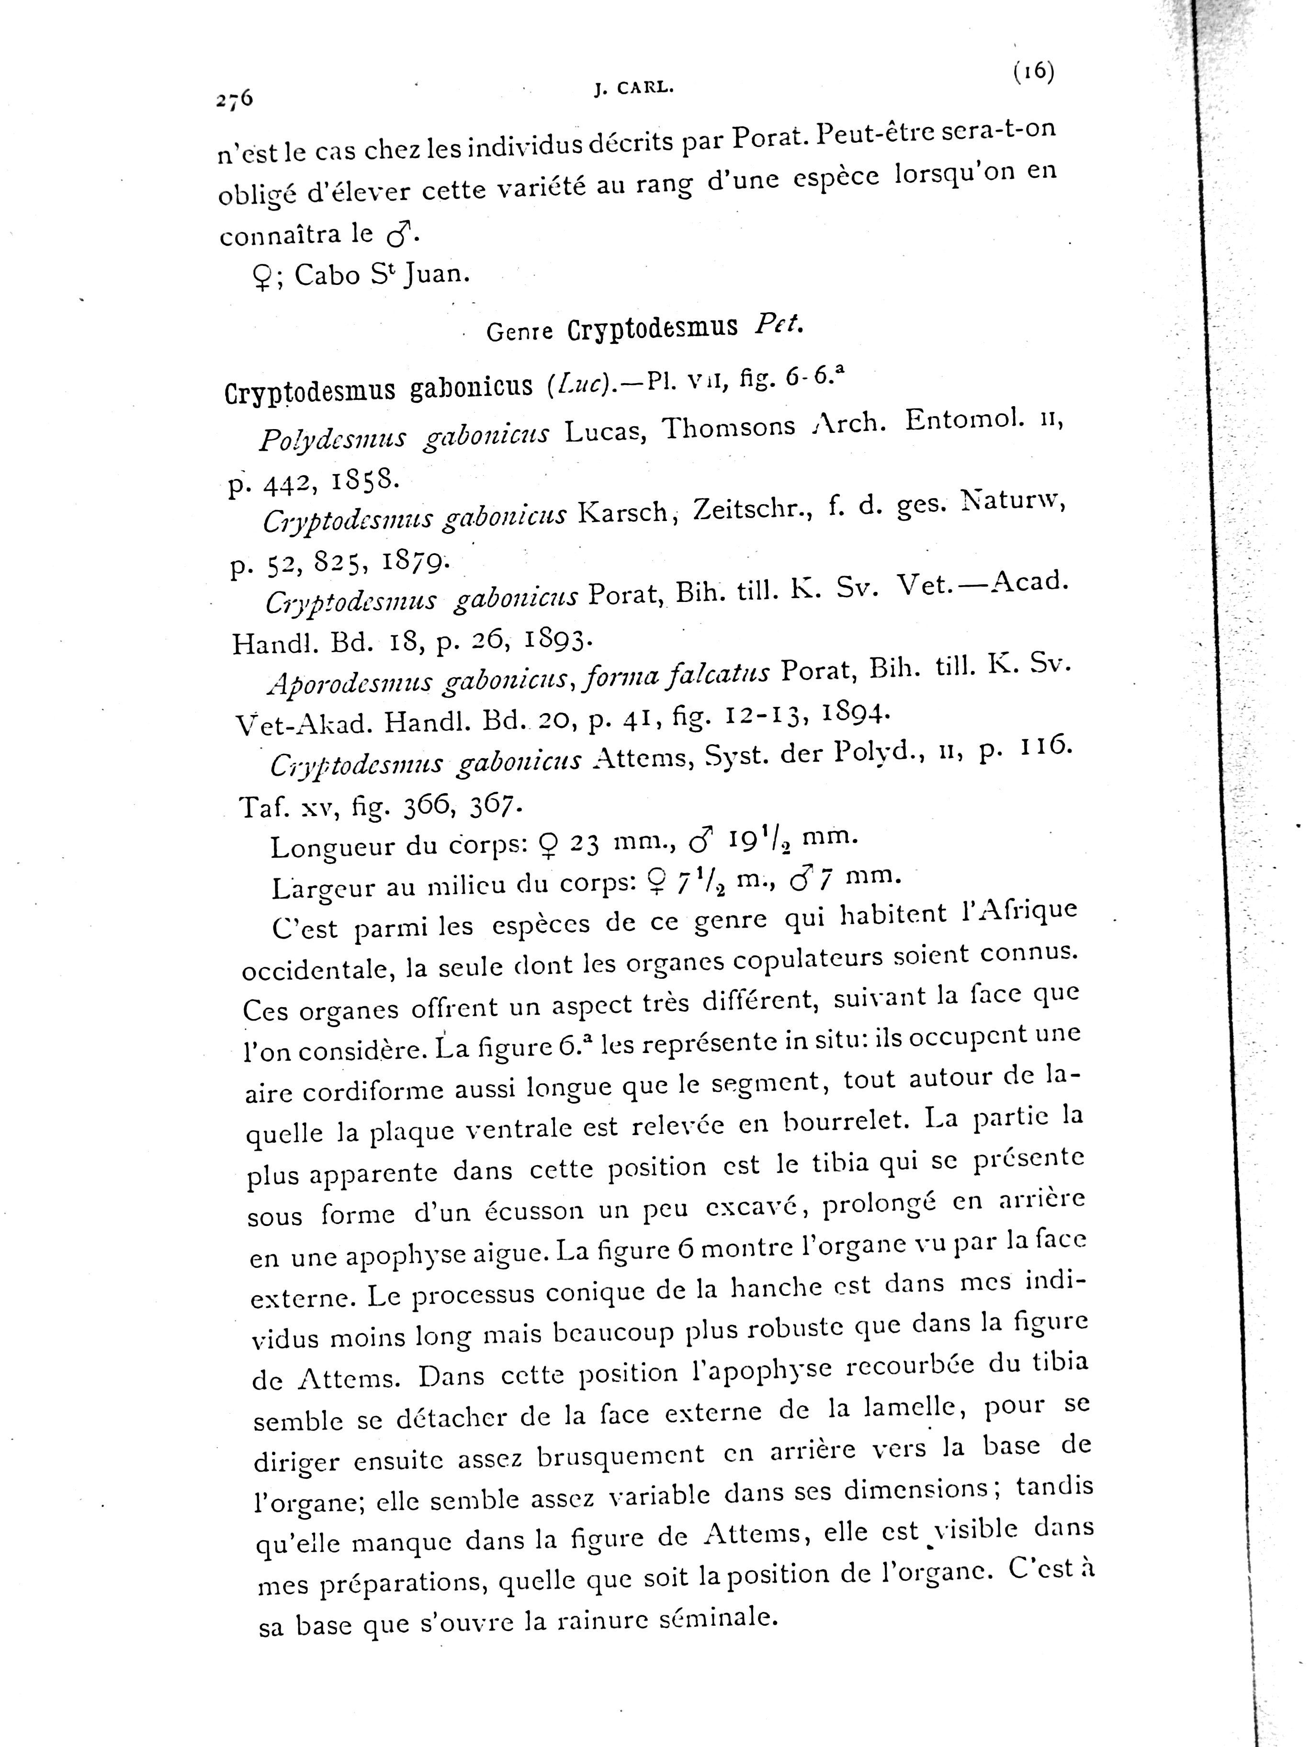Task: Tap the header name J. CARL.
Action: pyautogui.click(x=633, y=89)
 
